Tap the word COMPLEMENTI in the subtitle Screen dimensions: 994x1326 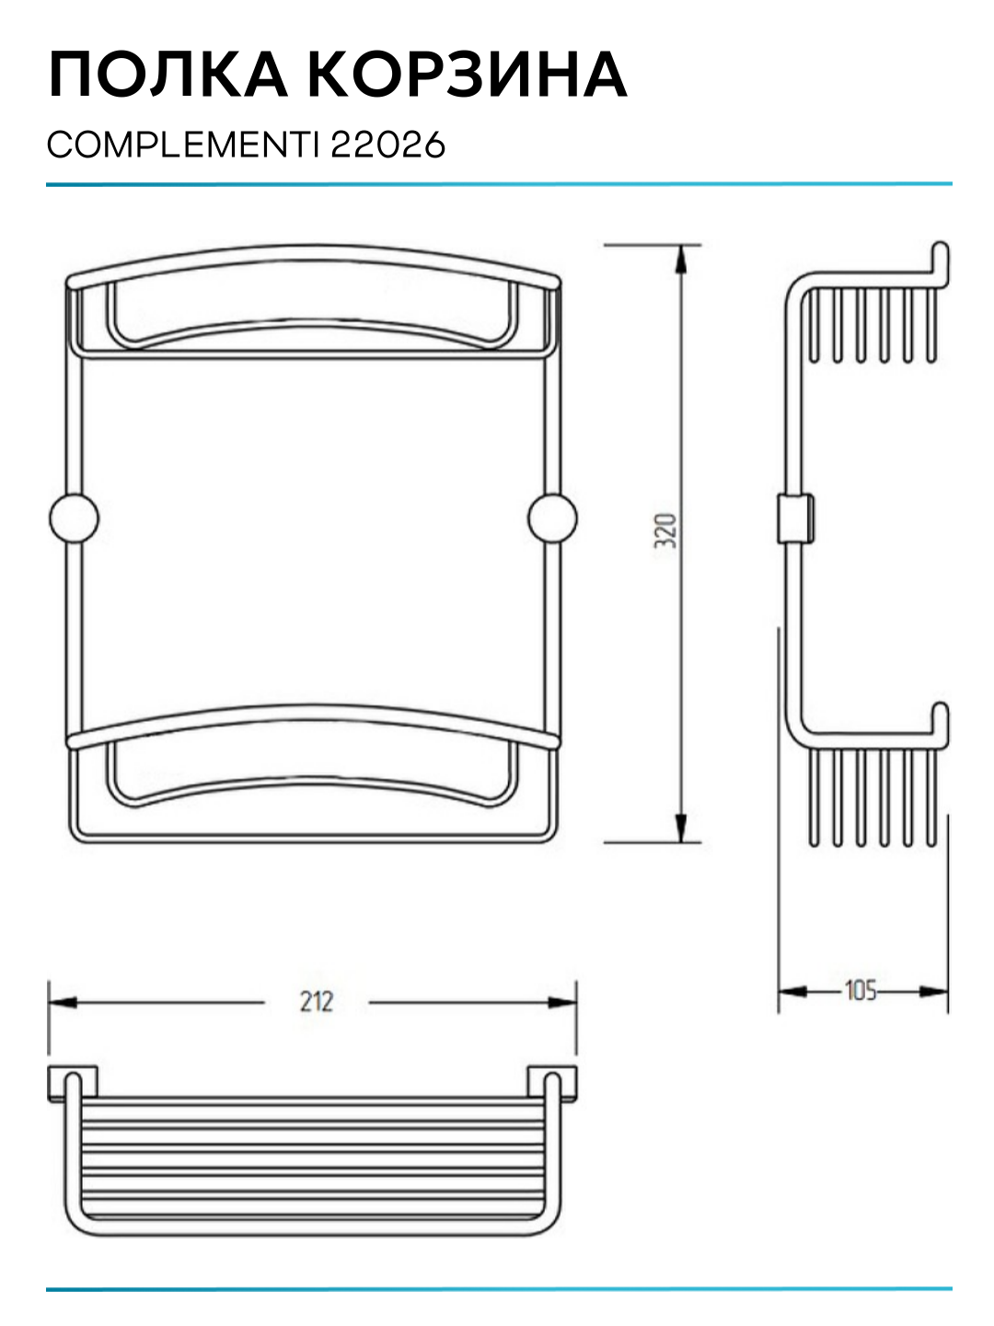[183, 145]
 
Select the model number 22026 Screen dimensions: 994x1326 [388, 145]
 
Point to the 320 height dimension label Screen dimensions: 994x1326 [665, 531]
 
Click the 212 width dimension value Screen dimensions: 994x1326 [317, 1002]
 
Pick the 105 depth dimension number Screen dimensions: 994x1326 [861, 992]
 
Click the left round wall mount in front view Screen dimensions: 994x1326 [75, 518]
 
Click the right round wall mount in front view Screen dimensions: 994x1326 [552, 518]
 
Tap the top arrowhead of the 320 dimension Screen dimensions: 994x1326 [681, 260]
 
